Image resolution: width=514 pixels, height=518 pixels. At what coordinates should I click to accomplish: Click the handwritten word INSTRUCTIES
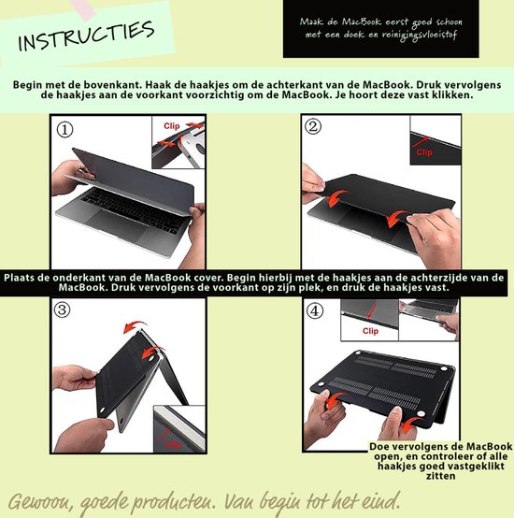click(x=87, y=36)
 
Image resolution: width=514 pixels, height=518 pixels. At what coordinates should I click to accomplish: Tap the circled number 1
click(x=65, y=130)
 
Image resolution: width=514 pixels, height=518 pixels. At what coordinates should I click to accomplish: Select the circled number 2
click(x=313, y=126)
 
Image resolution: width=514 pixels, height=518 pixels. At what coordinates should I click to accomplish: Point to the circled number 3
click(x=63, y=309)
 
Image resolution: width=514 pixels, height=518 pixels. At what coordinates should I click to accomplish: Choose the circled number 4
click(x=315, y=310)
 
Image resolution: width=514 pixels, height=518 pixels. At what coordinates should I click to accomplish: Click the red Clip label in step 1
click(x=172, y=126)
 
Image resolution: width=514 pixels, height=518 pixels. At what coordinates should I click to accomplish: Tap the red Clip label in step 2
click(x=424, y=152)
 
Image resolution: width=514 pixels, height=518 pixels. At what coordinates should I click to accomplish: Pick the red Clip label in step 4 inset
click(x=370, y=331)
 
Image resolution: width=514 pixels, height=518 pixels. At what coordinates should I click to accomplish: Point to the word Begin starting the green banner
click(x=28, y=85)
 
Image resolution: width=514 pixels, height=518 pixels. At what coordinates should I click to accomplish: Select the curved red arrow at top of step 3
click(x=136, y=326)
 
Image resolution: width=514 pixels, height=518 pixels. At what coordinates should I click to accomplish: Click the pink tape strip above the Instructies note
click(x=82, y=8)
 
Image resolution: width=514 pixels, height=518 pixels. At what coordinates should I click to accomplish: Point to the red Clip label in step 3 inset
click(x=173, y=445)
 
